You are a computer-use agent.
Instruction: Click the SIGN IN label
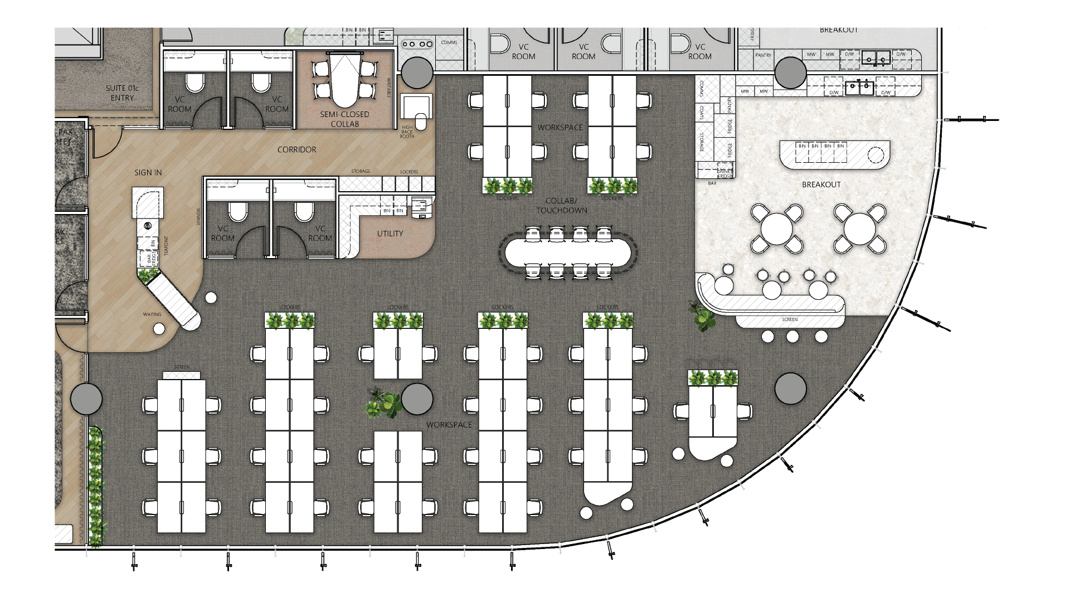pyautogui.click(x=148, y=173)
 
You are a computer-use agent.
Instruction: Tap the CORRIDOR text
pyautogui.click(x=296, y=149)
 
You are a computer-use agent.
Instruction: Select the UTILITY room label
pyautogui.click(x=390, y=234)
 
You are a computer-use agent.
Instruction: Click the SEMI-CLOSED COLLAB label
pyautogui.click(x=344, y=119)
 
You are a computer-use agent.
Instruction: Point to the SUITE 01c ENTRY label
pyautogui.click(x=122, y=93)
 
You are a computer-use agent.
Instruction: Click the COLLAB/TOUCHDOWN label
pyautogui.click(x=561, y=206)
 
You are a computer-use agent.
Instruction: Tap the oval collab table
pyautogui.click(x=568, y=253)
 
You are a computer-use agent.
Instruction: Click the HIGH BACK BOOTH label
pyautogui.click(x=407, y=132)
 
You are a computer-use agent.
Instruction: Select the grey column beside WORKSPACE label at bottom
pyautogui.click(x=417, y=399)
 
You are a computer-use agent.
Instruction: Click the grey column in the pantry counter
pyautogui.click(x=790, y=73)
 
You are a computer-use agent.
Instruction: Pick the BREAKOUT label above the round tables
pyautogui.click(x=821, y=185)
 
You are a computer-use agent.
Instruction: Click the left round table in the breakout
pyautogui.click(x=777, y=229)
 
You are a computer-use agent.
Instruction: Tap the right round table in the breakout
pyautogui.click(x=860, y=229)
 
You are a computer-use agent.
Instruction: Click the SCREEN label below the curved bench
pyautogui.click(x=790, y=320)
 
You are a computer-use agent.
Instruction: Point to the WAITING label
pyautogui.click(x=152, y=314)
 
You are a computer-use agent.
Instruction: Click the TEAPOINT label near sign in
pyautogui.click(x=166, y=246)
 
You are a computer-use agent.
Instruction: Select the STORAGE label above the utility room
pyautogui.click(x=361, y=172)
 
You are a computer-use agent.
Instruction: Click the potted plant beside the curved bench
pyautogui.click(x=703, y=317)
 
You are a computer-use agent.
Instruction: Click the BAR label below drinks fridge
pyautogui.click(x=712, y=183)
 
